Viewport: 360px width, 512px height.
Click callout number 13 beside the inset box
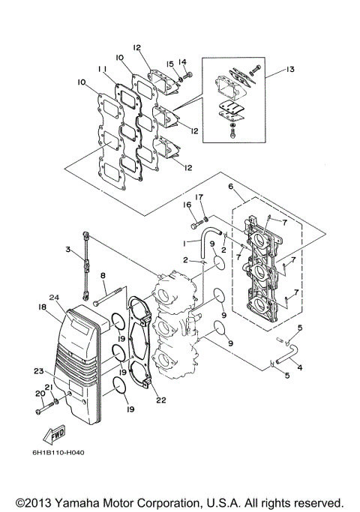click(291, 70)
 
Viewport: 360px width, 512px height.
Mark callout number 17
click(200, 199)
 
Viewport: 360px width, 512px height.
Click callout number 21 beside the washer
click(49, 387)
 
